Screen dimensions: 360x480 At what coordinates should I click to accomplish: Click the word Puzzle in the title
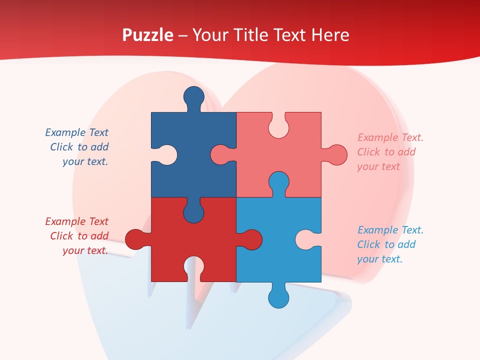pos(148,35)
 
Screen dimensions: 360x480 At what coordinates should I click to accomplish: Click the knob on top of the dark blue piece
pos(194,96)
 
